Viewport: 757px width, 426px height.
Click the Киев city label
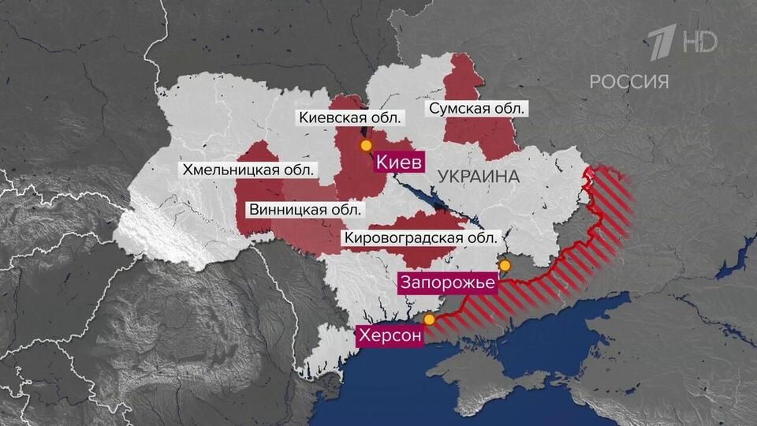coord(399,163)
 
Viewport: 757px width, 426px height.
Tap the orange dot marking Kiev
coord(365,146)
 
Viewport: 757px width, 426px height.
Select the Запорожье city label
coord(447,282)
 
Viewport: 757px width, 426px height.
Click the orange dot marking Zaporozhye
coord(505,265)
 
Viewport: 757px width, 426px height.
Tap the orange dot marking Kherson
coord(429,319)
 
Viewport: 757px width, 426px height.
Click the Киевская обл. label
coord(351,118)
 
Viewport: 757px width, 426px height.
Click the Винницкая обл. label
coord(305,210)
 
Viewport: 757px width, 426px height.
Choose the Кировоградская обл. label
coord(421,237)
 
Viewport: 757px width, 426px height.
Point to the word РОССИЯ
coord(629,80)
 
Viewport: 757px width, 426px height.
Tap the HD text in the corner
coord(701,42)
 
